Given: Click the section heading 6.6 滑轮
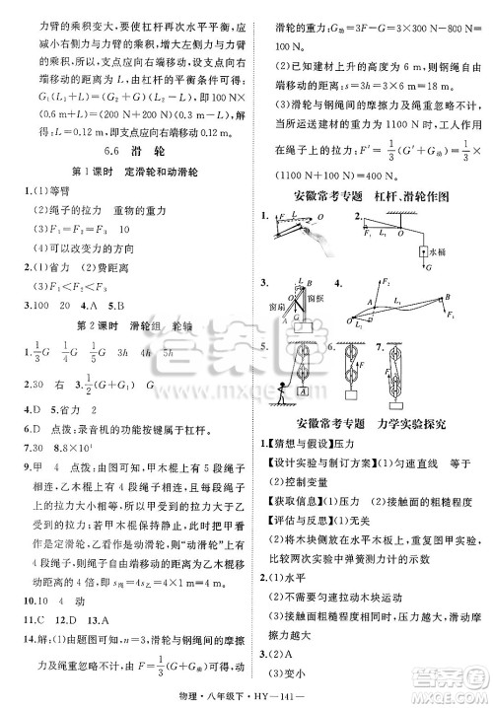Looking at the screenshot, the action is tap(124, 152).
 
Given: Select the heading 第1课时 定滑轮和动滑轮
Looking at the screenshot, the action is tap(125, 172).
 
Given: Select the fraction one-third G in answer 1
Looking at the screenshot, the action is tap(37, 352).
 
